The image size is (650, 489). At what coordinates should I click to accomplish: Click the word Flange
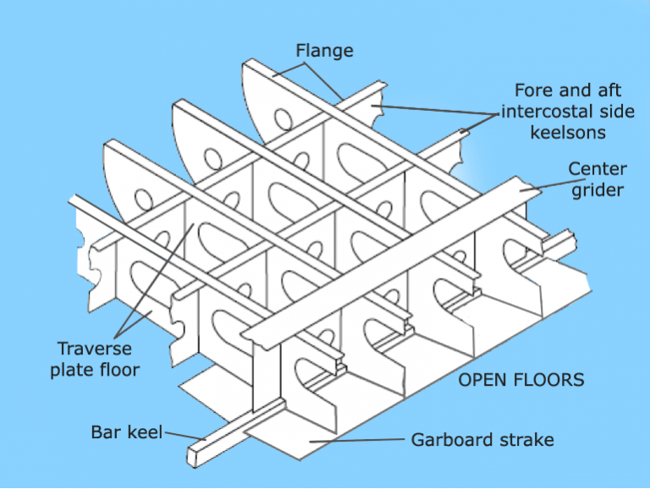324,51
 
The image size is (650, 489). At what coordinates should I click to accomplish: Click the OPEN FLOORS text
521,379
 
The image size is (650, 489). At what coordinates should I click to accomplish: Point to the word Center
597,169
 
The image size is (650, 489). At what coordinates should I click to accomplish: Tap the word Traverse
94,349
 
